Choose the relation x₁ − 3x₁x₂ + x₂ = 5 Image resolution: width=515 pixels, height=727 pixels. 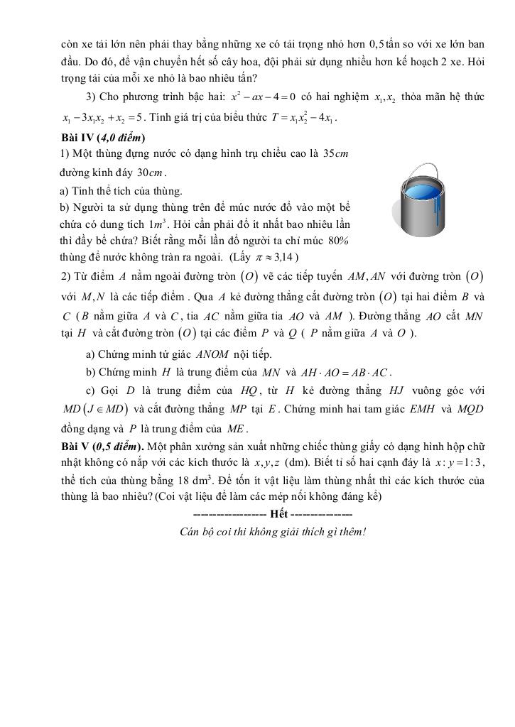click(x=104, y=117)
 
